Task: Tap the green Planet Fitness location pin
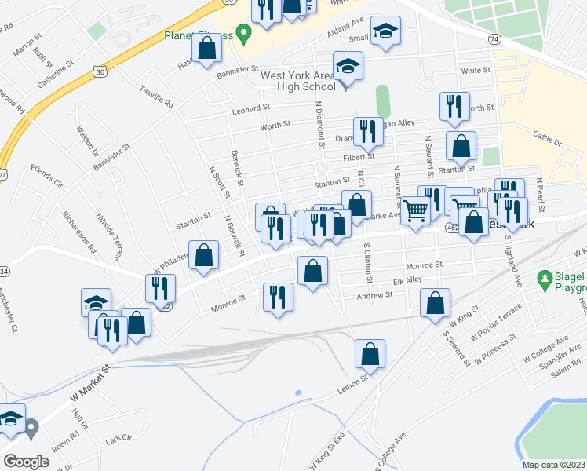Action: (243, 34)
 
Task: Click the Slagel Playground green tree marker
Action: (543, 279)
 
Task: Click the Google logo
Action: (26, 461)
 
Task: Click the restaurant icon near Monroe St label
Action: (278, 297)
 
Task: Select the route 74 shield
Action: (494, 38)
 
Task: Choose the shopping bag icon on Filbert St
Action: (461, 145)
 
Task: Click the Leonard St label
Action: (250, 108)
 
